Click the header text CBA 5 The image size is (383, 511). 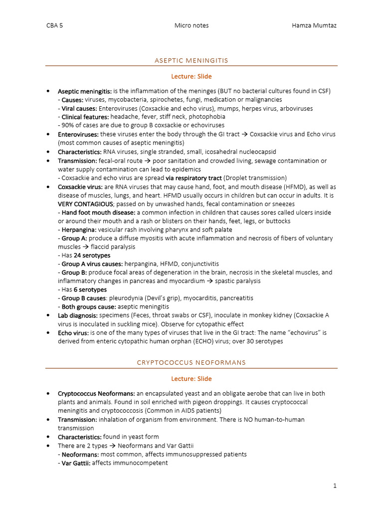point(54,25)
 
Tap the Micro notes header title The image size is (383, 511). point(191,25)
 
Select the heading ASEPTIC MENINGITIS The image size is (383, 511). point(191,60)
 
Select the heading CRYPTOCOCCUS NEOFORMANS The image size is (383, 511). point(191,362)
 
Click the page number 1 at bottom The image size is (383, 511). point(335,485)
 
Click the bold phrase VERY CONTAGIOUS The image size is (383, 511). point(86,204)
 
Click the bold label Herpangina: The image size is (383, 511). point(79,230)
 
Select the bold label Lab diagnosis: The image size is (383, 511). point(78,315)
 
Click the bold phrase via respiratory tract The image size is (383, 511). point(194,178)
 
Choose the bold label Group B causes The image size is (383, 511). point(83,298)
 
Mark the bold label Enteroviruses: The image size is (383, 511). point(78,134)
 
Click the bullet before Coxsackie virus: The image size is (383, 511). point(48,187)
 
